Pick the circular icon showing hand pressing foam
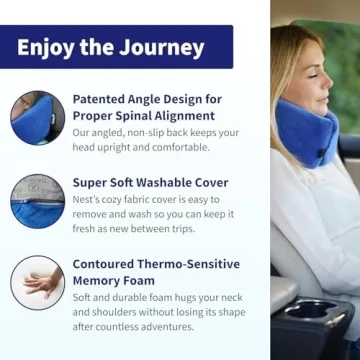[37, 282]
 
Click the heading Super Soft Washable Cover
[150, 183]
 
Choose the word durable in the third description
[128, 297]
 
